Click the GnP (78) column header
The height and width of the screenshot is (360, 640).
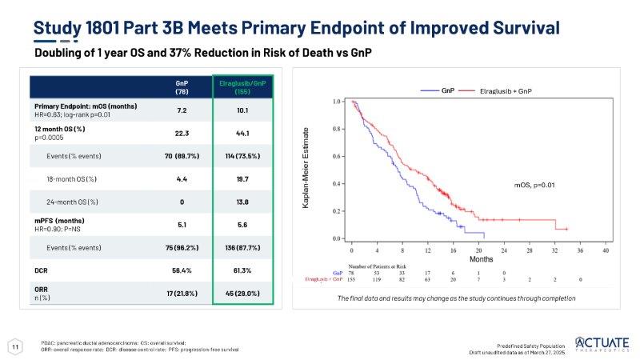[182, 86]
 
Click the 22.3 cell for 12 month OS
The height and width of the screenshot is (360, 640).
[182, 133]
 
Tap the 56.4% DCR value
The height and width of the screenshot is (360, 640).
[182, 270]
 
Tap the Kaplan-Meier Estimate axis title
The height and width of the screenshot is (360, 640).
[306, 170]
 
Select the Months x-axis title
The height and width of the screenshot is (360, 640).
[480, 259]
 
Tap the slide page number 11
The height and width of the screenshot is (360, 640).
[14, 346]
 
